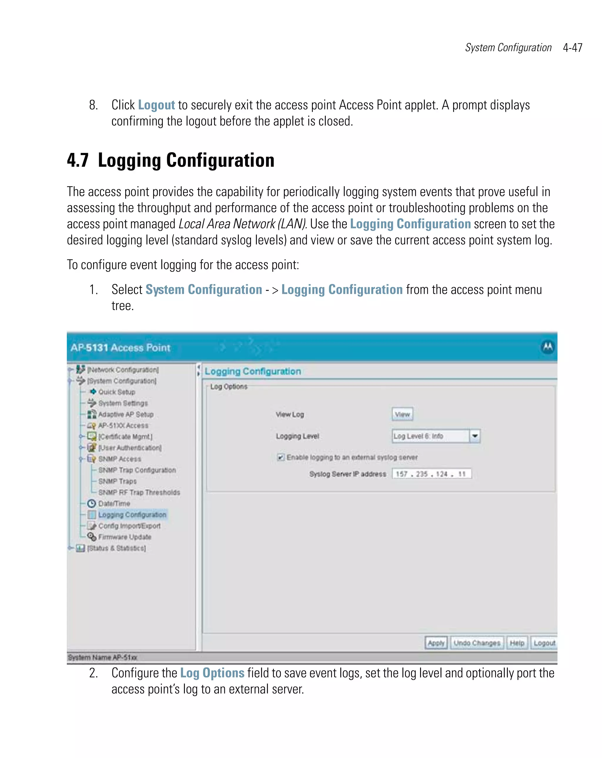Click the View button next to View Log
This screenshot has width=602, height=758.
point(402,414)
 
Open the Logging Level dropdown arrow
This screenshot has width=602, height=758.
point(475,436)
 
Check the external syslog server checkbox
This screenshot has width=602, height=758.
point(280,457)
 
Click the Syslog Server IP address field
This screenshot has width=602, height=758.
point(431,474)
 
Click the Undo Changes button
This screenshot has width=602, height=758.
point(476,643)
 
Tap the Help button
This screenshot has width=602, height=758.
point(516,643)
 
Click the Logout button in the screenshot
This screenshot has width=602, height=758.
point(544,643)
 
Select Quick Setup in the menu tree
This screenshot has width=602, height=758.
point(116,392)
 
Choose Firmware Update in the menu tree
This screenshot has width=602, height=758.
point(124,537)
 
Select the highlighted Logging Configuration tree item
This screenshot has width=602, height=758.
point(132,515)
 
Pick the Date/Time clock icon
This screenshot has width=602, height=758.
point(91,503)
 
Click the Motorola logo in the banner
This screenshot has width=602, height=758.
point(547,347)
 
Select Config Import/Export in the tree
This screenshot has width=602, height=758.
point(129,526)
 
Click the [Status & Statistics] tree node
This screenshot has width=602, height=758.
point(116,548)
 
